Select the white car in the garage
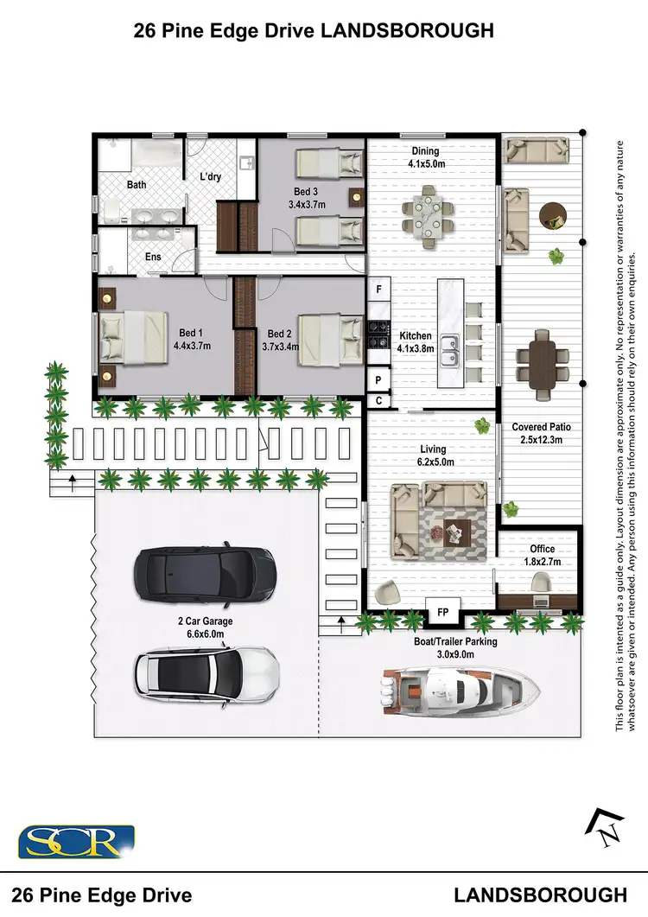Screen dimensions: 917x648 206,672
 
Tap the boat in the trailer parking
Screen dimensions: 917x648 459,687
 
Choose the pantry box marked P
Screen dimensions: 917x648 378,379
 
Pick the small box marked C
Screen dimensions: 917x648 378,401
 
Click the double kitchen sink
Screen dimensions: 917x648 448,350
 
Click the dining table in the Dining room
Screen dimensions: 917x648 429,213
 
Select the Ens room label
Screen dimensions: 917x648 153,257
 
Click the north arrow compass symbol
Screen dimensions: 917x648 606,827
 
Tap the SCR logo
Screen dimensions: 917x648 76,841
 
